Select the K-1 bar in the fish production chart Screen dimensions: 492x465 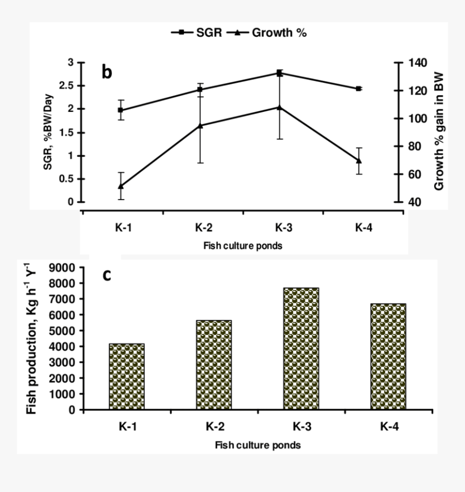click(127, 376)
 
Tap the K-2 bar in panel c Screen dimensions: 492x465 click(214, 365)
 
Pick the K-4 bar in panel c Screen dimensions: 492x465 click(389, 357)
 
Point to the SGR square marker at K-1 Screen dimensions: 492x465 click(121, 110)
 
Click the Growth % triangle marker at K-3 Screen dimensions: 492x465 click(280, 107)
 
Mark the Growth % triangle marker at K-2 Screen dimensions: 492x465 click(200, 125)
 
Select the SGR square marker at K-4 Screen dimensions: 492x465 click(358, 89)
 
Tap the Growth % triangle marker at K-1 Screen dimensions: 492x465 click(121, 186)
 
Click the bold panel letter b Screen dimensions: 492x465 click(107, 72)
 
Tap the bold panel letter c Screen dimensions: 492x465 click(107, 275)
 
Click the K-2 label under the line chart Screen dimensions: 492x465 click(203, 228)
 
